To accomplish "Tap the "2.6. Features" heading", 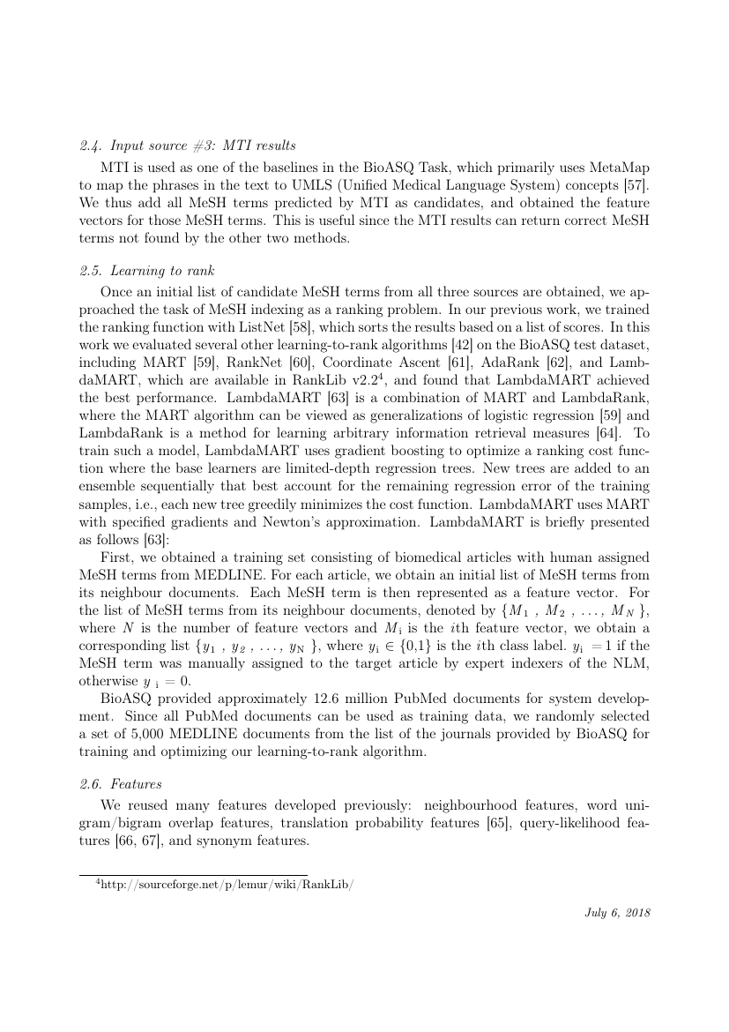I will [118, 782].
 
